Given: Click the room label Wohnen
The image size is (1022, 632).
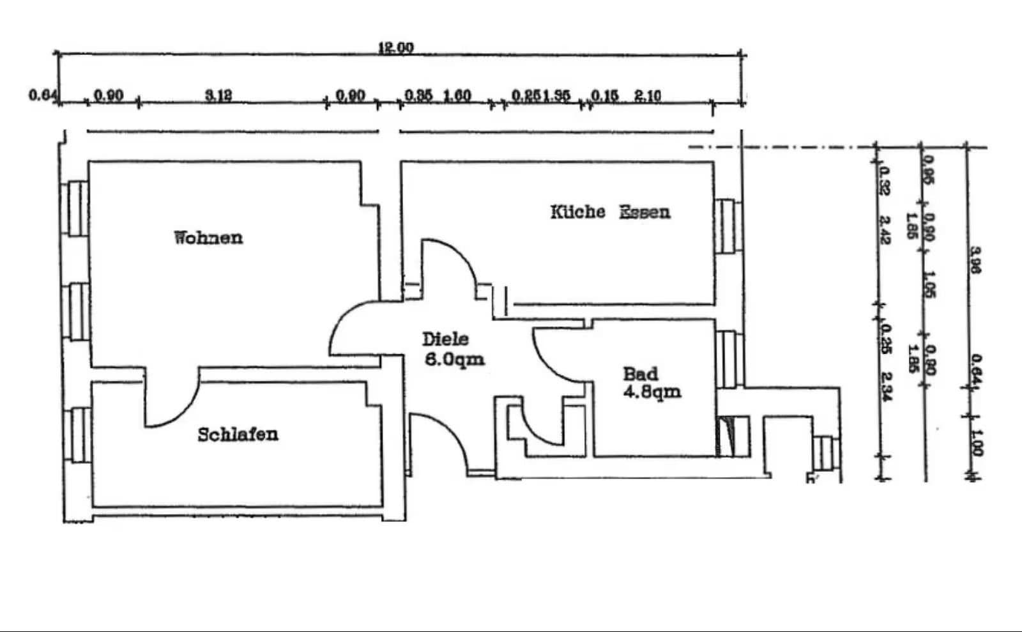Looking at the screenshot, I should click(208, 238).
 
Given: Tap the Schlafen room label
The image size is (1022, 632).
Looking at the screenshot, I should click(238, 435).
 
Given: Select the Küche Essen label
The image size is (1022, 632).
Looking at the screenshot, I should click(610, 212).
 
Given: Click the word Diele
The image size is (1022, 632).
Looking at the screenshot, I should click(445, 339).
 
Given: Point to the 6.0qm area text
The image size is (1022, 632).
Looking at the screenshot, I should click(454, 359).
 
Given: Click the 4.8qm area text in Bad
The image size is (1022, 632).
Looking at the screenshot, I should click(652, 391).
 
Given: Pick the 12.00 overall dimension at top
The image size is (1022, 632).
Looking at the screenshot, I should click(395, 48).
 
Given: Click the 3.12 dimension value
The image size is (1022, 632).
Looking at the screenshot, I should click(218, 96).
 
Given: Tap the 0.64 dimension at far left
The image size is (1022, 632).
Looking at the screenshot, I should click(43, 95).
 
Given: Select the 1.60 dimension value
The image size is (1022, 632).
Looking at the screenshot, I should click(457, 96).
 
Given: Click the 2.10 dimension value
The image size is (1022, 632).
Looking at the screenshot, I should click(648, 96).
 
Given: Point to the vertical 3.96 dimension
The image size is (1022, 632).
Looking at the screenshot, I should click(975, 260).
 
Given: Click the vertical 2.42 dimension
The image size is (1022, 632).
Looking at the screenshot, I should click(885, 230).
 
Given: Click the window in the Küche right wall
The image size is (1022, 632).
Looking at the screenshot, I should click(728, 227).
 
